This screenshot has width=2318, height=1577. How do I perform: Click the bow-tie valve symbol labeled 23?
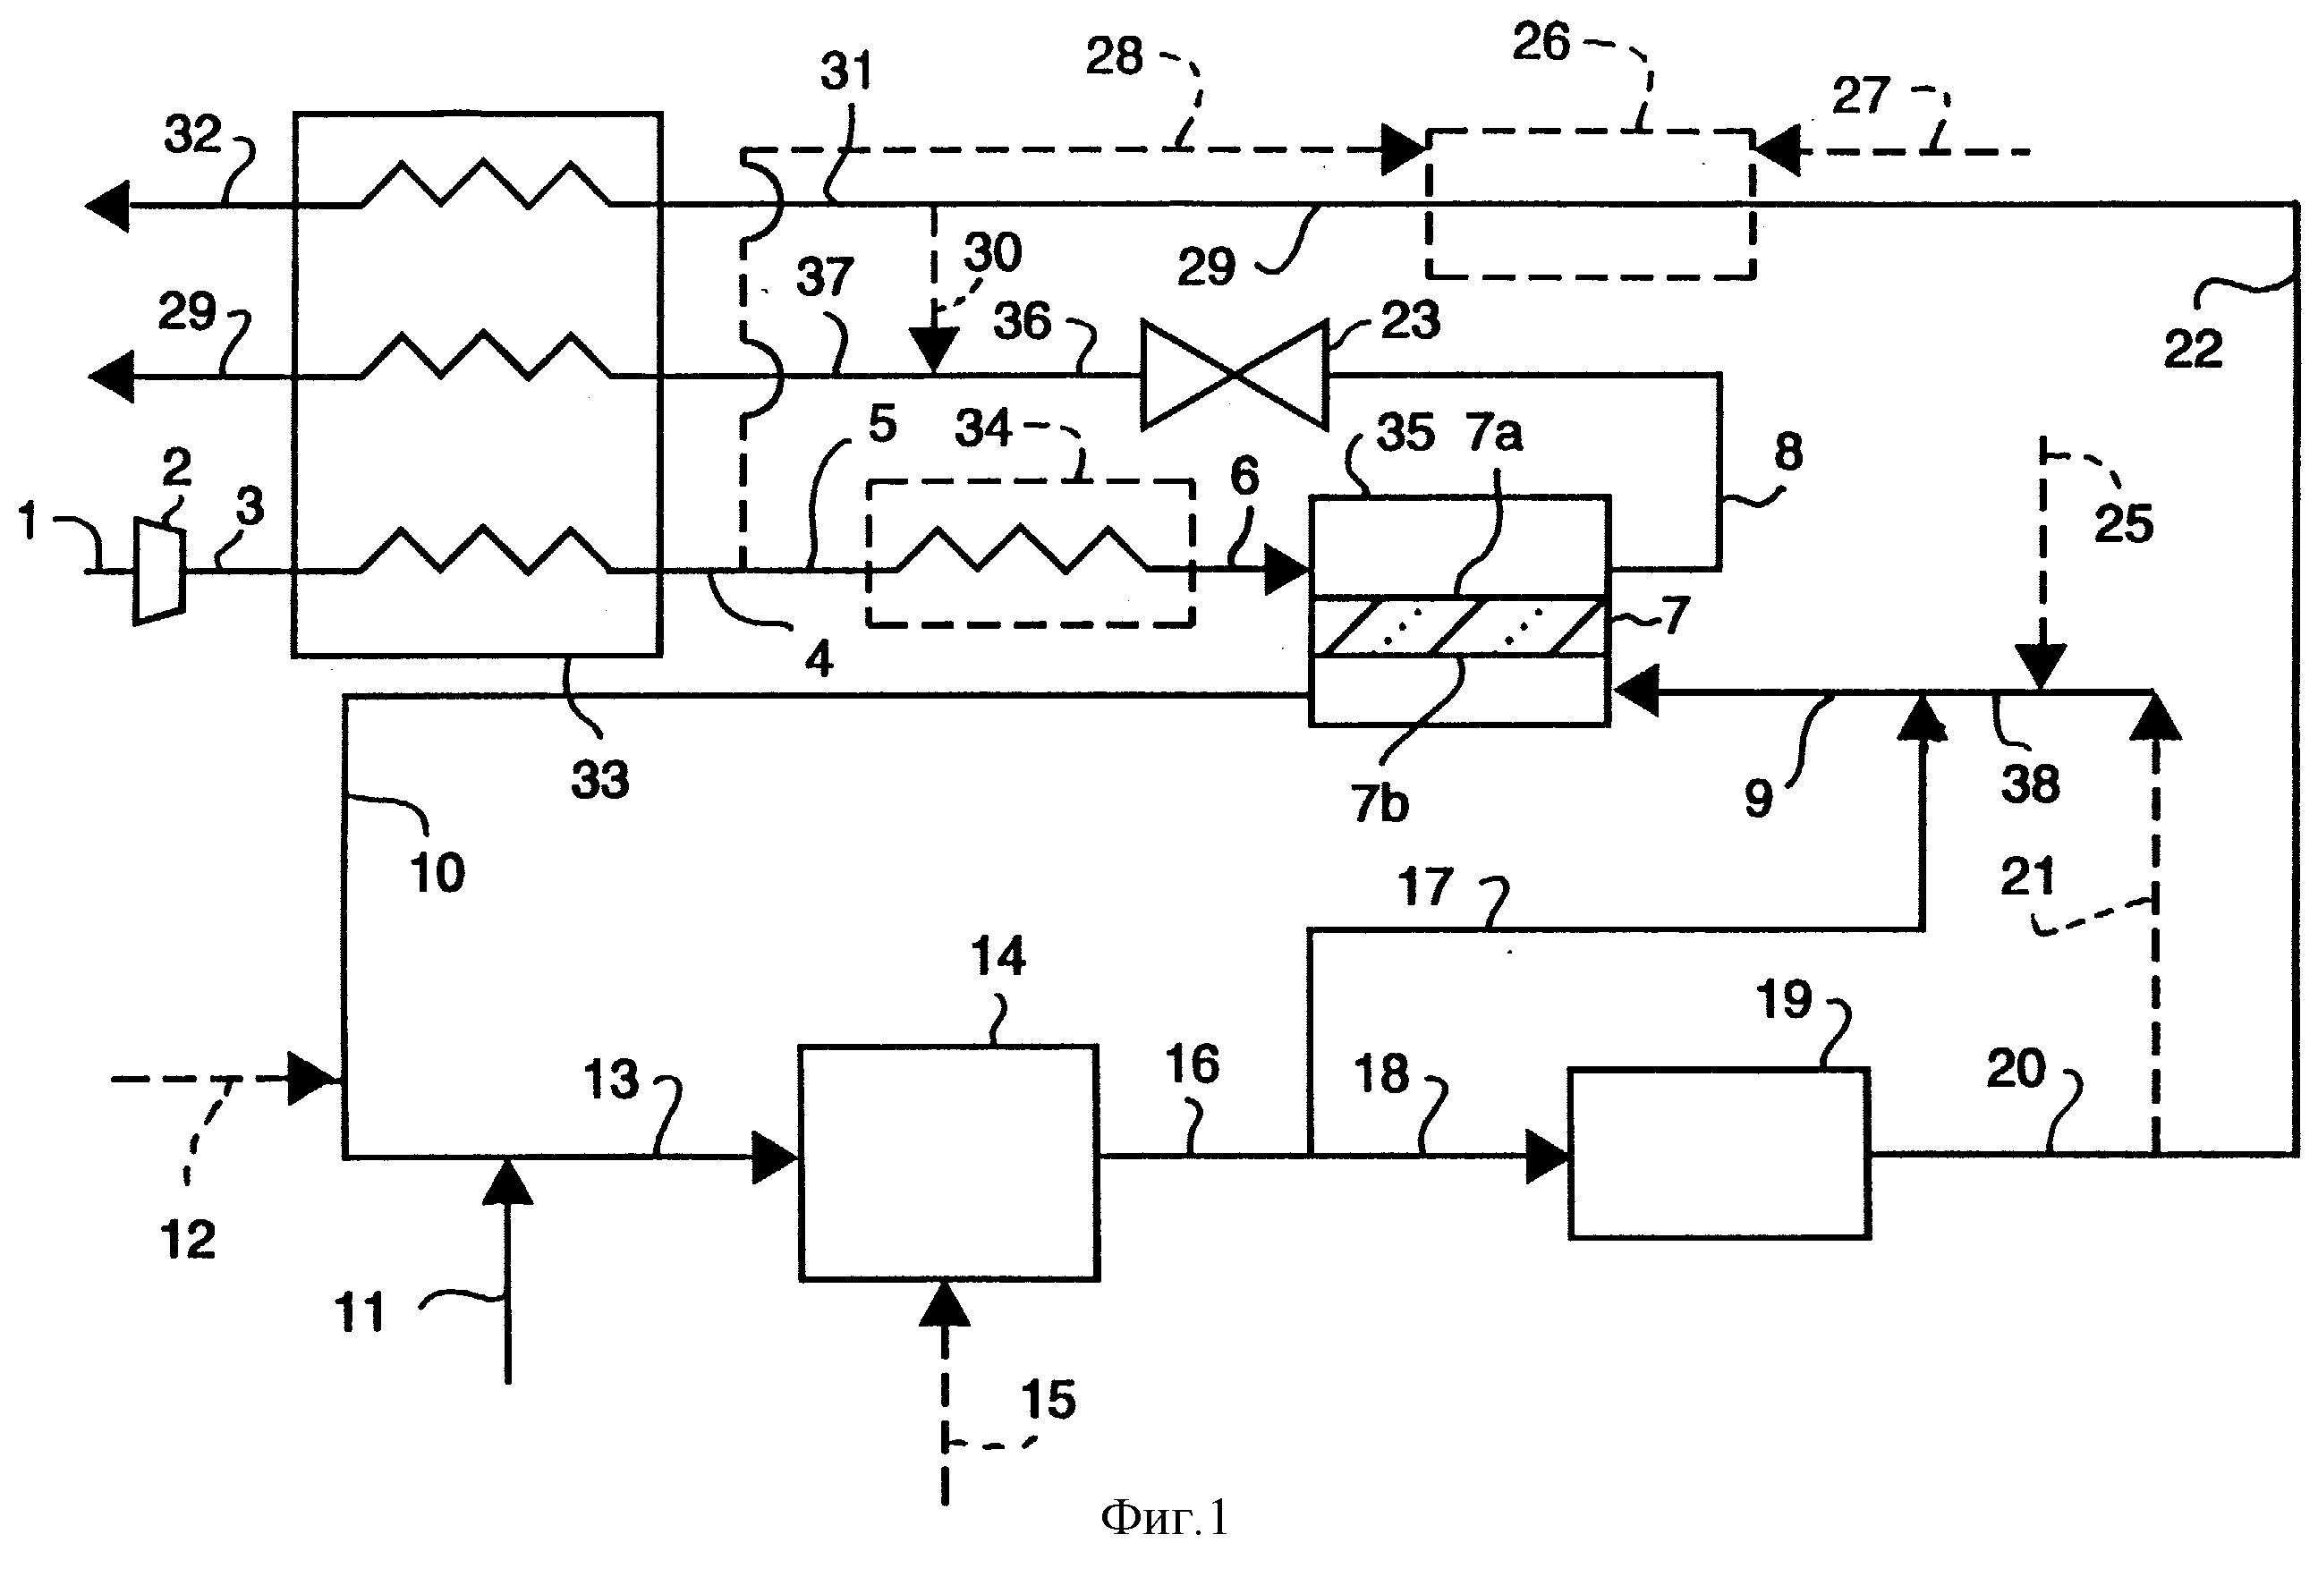coord(1235,374)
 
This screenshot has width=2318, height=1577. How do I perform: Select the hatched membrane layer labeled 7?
coord(1458,626)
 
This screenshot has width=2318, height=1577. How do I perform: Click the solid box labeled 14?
coord(948,1162)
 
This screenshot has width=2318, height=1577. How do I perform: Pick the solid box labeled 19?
coord(1719,1153)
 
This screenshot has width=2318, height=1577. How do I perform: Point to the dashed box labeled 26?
coord(1590,203)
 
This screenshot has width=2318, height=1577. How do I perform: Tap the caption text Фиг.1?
coord(1164,1518)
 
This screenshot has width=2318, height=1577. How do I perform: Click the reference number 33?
coord(600,780)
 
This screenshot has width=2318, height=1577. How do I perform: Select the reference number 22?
coord(2193,350)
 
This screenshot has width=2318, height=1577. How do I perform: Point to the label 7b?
coord(1380,803)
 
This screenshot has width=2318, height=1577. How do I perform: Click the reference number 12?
coord(188,1240)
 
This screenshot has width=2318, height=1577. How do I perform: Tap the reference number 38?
coord(2030,784)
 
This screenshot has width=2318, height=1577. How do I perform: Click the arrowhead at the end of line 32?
coord(106,206)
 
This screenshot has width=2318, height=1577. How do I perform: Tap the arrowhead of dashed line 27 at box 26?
coord(1777,151)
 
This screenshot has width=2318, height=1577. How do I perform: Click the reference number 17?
coord(1424,886)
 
